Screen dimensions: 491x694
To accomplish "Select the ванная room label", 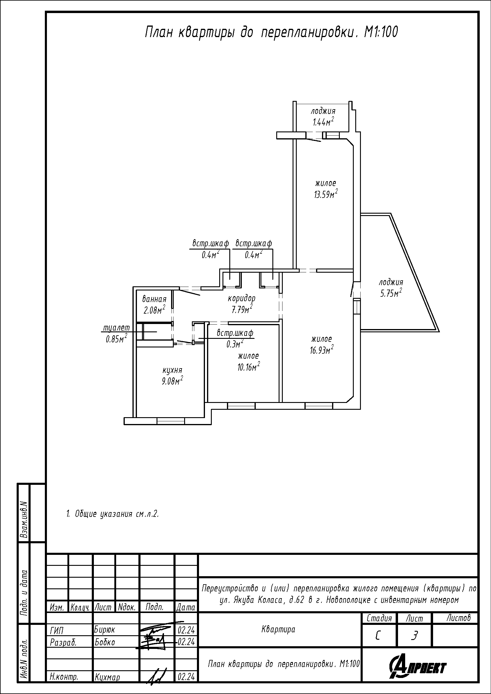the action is [x=154, y=299].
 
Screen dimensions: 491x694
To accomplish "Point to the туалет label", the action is [x=116, y=328].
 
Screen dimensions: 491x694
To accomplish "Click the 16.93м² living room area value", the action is [x=322, y=350].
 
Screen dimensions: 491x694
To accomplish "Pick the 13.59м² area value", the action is [x=326, y=194].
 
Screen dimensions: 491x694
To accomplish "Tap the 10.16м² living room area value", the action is [x=249, y=367].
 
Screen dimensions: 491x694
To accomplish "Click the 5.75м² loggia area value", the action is [x=391, y=293].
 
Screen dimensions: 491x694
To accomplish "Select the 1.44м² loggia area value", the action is [x=323, y=122].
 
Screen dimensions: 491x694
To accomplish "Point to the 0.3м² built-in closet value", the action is [x=235, y=343].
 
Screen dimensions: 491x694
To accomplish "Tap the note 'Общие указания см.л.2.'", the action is [x=113, y=514].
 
